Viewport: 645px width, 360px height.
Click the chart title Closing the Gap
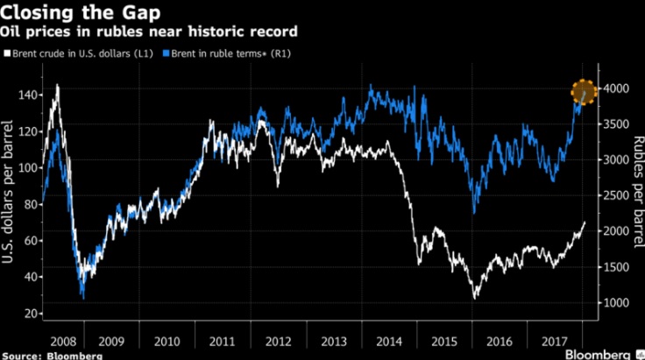[x=72, y=12]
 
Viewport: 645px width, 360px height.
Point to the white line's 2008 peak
[x=58, y=86]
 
